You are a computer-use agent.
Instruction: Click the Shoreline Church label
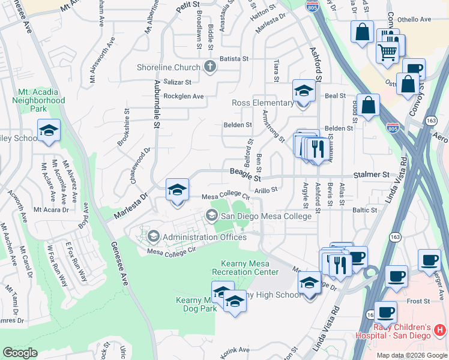(x=171, y=67)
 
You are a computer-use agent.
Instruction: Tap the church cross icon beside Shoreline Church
(x=210, y=67)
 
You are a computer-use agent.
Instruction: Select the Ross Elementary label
(x=263, y=103)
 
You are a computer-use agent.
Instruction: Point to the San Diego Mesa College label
(x=266, y=216)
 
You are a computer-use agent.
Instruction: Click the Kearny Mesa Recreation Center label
(x=250, y=268)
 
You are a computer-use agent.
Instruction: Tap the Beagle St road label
(x=246, y=175)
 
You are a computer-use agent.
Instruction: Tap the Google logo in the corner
(x=20, y=353)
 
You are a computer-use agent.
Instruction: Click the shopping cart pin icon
(x=387, y=52)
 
